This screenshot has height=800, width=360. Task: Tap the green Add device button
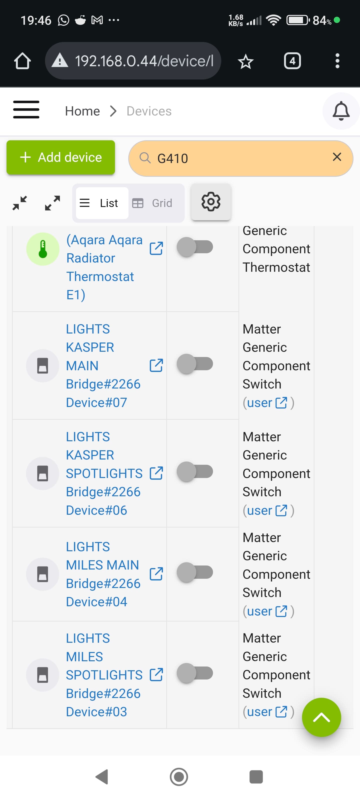click(x=60, y=157)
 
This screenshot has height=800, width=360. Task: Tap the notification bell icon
click(x=341, y=111)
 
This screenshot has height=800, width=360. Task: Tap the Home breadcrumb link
click(x=82, y=111)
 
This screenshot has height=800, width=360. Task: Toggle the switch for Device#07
click(x=195, y=364)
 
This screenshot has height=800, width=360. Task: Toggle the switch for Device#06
click(x=195, y=471)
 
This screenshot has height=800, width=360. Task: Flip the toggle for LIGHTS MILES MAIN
click(x=195, y=572)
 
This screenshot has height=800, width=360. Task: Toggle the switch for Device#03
click(x=195, y=673)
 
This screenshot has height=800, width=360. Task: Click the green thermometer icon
click(x=42, y=249)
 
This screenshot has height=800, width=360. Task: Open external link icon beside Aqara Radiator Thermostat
click(x=156, y=248)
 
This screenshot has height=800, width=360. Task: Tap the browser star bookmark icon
click(x=245, y=61)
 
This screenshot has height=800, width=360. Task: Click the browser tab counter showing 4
click(x=292, y=61)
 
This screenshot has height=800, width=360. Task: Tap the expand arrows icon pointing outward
click(x=52, y=203)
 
